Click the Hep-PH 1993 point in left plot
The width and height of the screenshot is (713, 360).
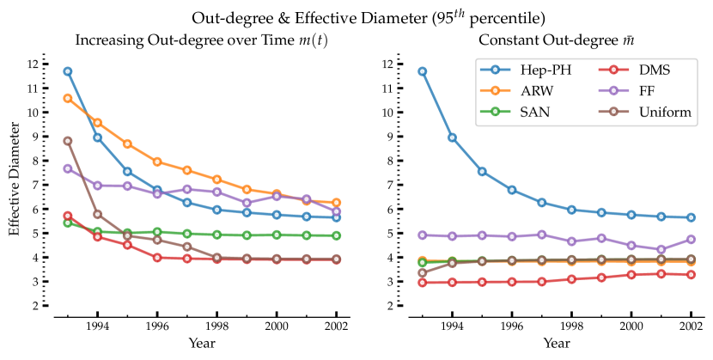click(x=68, y=71)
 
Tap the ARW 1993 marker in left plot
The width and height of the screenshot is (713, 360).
click(x=68, y=98)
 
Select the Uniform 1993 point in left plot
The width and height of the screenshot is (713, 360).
click(x=68, y=141)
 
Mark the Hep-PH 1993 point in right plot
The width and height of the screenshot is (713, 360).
click(x=422, y=71)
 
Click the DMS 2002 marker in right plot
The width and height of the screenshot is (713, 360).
click(x=691, y=274)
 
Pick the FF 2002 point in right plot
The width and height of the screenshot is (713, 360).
click(x=691, y=239)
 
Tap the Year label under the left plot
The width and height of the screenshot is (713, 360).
click(x=202, y=343)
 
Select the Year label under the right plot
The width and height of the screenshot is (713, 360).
click(x=556, y=343)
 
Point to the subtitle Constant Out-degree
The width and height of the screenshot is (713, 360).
click(x=555, y=40)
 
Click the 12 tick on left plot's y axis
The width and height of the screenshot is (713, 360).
click(x=33, y=64)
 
